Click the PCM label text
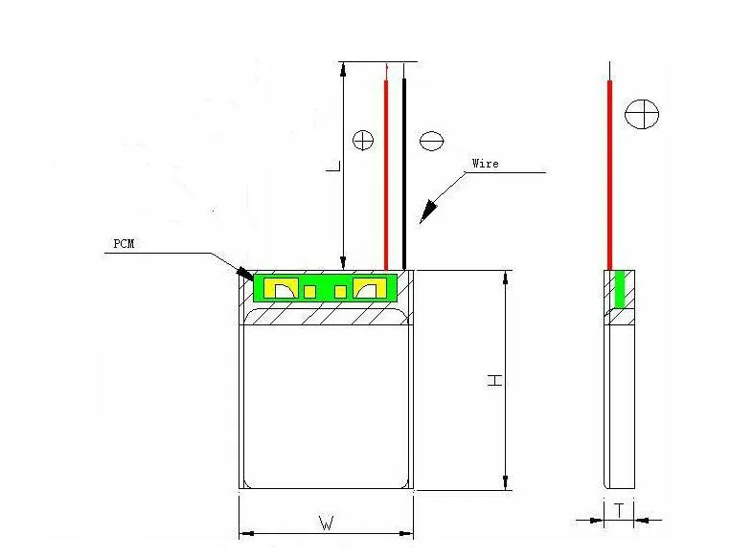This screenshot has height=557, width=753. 124,244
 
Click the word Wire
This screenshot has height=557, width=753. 485,164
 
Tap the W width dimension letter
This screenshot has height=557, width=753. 327,523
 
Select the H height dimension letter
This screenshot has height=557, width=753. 494,381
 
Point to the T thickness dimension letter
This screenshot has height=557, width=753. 620,510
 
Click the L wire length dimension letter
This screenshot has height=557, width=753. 333,166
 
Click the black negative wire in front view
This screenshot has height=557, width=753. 404,173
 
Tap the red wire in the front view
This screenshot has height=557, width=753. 386,174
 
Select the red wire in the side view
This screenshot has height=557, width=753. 610,174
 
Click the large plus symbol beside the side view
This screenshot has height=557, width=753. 642,114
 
